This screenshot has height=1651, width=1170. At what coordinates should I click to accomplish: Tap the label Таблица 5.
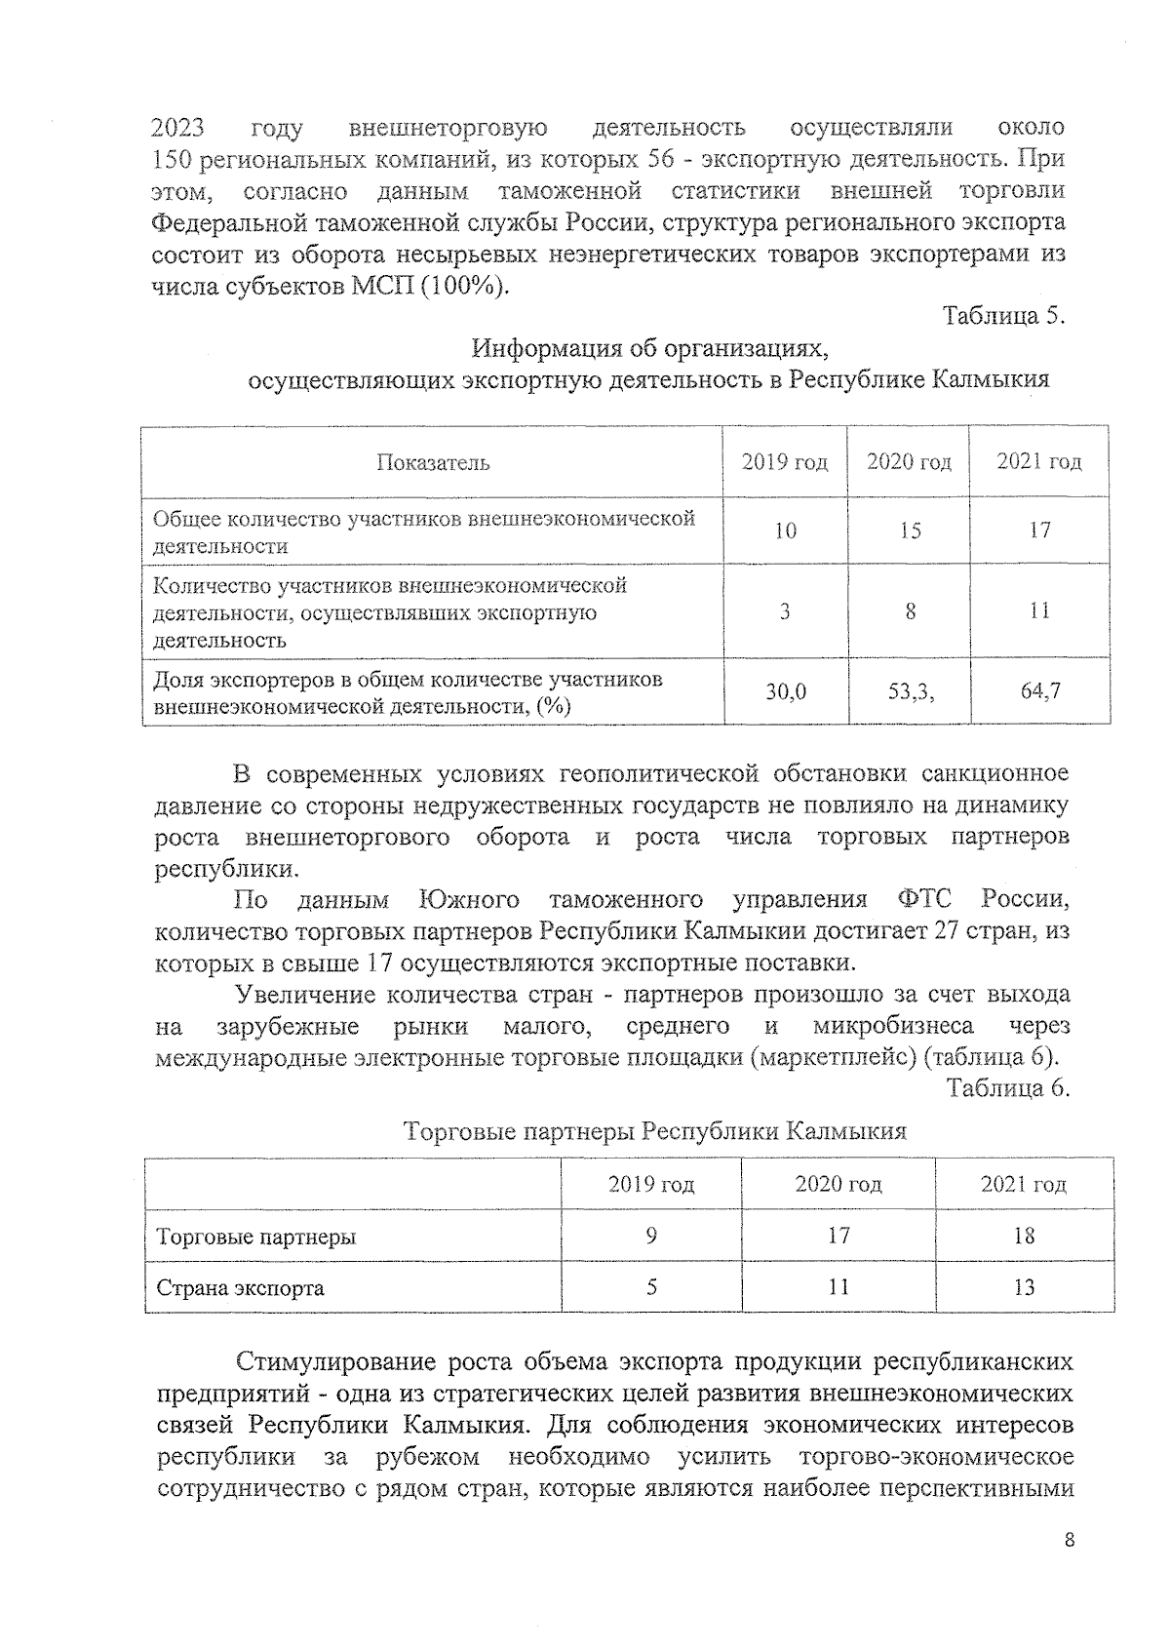pos(1004,317)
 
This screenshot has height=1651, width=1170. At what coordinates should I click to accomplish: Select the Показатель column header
pos(433,462)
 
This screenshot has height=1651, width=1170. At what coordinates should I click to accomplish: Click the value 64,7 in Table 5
pos(1039,691)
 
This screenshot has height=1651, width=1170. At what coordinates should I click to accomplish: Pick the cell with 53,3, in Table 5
pos(909,691)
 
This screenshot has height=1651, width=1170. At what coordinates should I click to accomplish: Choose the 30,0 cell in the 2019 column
pos(785,691)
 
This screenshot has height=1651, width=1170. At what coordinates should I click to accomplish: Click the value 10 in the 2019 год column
pos(785,531)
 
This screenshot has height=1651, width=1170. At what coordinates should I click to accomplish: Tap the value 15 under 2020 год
pos(909,531)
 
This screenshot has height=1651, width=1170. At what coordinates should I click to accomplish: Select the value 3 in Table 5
pos(785,611)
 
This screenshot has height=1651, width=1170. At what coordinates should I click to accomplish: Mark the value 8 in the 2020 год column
pos(909,611)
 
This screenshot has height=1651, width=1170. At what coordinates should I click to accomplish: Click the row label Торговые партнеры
pos(256,1238)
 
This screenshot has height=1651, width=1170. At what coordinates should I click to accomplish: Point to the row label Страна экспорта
pos(241,1288)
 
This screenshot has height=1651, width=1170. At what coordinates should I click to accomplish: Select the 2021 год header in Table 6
pos(1024,1185)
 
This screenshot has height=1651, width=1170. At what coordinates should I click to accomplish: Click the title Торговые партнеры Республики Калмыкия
pos(654,1131)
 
